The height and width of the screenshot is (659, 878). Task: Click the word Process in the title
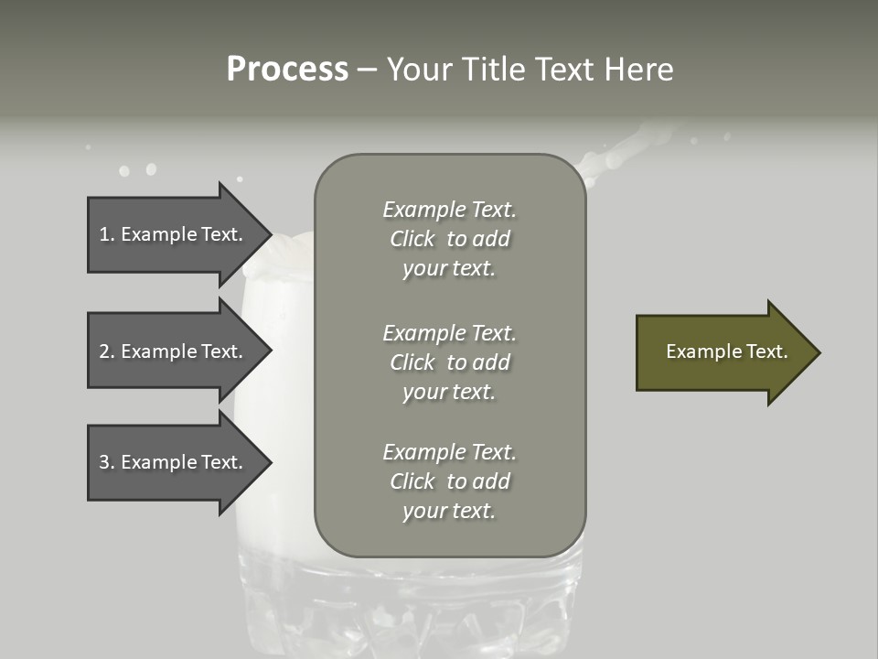tap(287, 70)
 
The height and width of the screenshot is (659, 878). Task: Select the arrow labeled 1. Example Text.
tap(174, 234)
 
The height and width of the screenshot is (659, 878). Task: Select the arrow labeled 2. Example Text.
tap(174, 351)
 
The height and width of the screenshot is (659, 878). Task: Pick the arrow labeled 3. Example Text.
tap(174, 462)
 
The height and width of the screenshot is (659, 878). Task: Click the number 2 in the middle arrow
tap(104, 351)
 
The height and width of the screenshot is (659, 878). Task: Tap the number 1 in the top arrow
tap(104, 234)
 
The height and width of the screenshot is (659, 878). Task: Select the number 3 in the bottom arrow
tap(104, 462)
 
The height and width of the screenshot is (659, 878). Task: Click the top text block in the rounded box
tap(449, 239)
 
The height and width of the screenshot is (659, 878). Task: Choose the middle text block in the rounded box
tap(449, 362)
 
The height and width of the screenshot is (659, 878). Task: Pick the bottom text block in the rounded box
tap(449, 481)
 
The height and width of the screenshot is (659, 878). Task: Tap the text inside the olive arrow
tap(726, 351)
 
